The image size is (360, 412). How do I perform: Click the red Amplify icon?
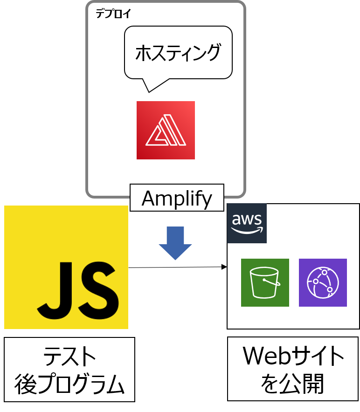(x=166, y=130)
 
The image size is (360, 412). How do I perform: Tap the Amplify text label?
(x=177, y=199)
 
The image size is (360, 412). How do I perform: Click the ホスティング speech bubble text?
(x=178, y=53)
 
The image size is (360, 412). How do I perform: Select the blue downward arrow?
(x=175, y=243)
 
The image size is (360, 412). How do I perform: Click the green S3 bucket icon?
(x=265, y=282)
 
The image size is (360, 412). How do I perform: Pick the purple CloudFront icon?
(x=323, y=282)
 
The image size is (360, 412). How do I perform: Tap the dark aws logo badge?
(x=247, y=223)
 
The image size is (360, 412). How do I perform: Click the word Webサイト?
(x=293, y=357)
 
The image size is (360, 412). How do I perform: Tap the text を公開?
(x=293, y=385)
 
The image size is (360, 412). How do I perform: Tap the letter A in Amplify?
(x=149, y=199)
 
